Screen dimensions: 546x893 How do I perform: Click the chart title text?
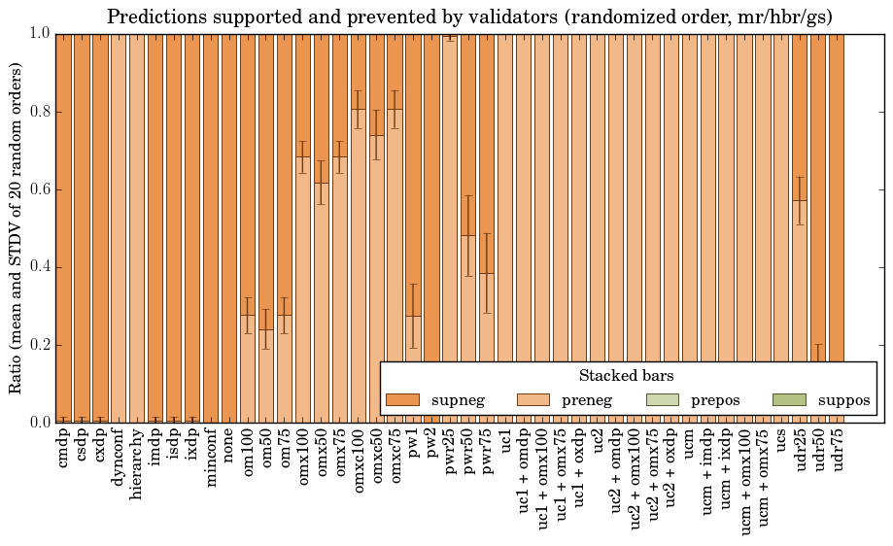(469, 17)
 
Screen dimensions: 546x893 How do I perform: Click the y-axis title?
(17, 227)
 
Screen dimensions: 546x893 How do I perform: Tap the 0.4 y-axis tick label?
(40, 267)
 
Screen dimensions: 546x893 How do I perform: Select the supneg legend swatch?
(401, 400)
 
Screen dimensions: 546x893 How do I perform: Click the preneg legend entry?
(587, 400)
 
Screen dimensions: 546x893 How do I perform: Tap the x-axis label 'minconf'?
(211, 461)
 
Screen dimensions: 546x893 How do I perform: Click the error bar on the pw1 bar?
(414, 316)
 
